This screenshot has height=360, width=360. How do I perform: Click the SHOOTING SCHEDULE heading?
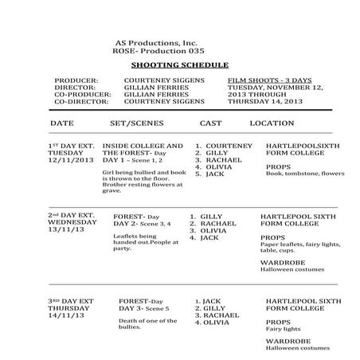[179, 65]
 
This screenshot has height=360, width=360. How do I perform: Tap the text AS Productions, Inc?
[155, 41]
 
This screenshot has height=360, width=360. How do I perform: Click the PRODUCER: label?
[76, 80]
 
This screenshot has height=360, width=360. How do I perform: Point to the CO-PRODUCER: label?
[81, 93]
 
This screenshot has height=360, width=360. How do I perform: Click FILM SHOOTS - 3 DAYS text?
[267, 80]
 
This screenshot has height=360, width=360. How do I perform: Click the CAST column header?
[211, 123]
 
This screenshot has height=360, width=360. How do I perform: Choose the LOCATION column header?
[273, 123]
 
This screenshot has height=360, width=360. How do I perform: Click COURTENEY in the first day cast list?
[229, 146]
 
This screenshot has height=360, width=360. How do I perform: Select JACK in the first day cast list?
[215, 173]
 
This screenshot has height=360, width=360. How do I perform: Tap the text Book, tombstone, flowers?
[299, 173]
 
